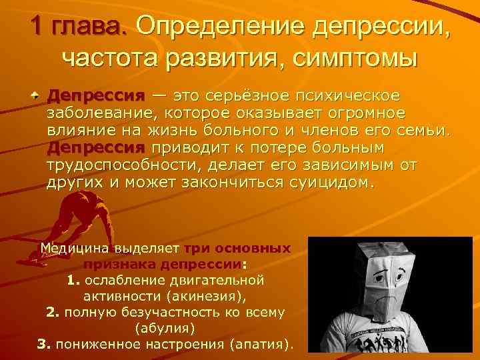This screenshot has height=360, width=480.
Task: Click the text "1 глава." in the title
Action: click(x=78, y=27)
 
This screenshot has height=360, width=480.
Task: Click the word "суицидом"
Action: click(x=333, y=181)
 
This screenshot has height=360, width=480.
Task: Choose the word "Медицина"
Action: click(x=73, y=249)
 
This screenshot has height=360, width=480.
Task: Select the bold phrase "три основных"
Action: click(x=237, y=249)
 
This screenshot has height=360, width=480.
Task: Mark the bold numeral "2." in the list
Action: click(x=53, y=312)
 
